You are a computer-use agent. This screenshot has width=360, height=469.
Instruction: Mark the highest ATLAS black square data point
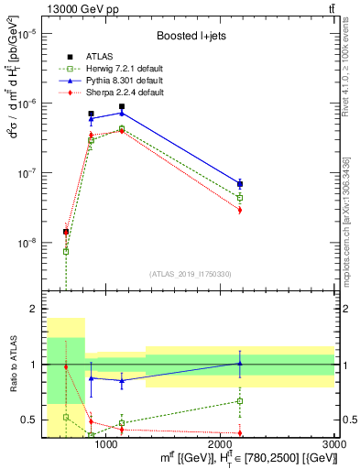coord(121,107)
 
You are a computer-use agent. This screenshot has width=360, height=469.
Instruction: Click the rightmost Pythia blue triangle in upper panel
coord(240,183)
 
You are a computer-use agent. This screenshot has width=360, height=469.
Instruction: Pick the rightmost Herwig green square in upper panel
coord(240,197)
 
